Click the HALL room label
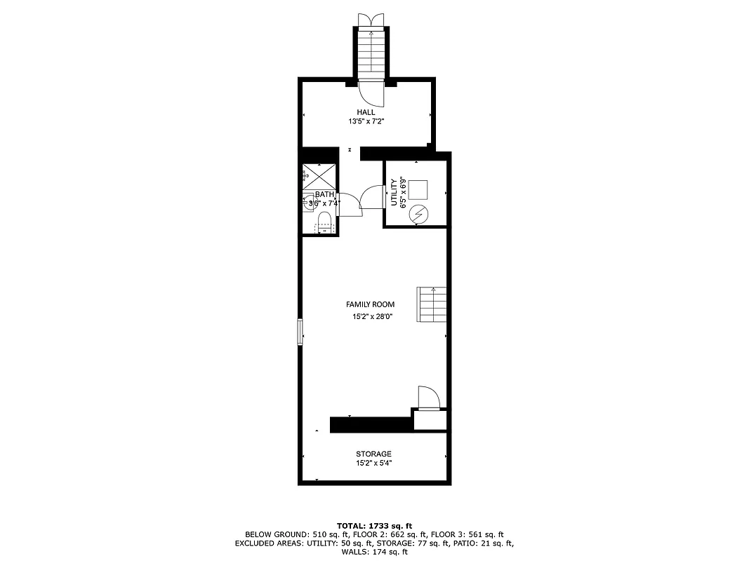tap(366, 112)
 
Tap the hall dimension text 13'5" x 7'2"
tap(366, 121)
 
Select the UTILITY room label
tap(395, 192)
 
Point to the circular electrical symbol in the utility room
tap(419, 215)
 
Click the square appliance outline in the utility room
tap(418, 189)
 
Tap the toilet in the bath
tap(324, 224)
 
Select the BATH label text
tap(324, 194)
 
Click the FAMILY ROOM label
tap(370, 304)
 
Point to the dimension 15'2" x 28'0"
tap(372, 317)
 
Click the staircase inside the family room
tap(432, 304)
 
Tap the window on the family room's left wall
tap(300, 332)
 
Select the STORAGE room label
tap(373, 454)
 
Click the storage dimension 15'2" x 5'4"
tap(373, 463)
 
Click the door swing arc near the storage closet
tap(428, 397)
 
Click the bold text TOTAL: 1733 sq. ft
tap(374, 525)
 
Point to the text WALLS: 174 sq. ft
tap(374, 553)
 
